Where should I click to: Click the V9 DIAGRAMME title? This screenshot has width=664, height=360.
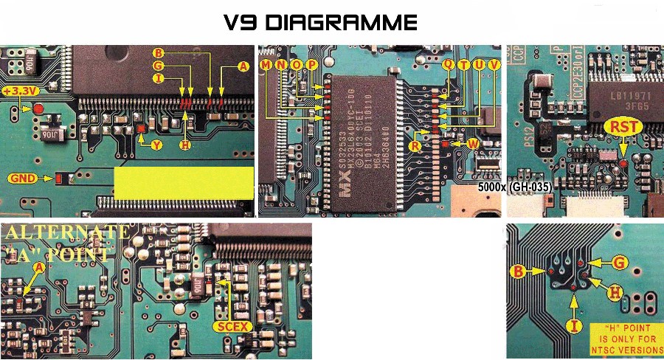(x=320, y=23)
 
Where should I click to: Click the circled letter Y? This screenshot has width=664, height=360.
(x=156, y=145)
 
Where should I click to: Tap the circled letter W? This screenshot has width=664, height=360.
(x=473, y=142)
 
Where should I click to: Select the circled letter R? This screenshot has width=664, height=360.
(x=416, y=145)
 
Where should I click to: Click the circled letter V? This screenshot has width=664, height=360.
(x=494, y=65)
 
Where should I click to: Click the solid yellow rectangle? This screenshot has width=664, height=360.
(x=183, y=181)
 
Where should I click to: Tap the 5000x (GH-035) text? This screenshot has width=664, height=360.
(x=514, y=187)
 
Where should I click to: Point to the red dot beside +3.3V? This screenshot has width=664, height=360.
(x=39, y=108)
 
